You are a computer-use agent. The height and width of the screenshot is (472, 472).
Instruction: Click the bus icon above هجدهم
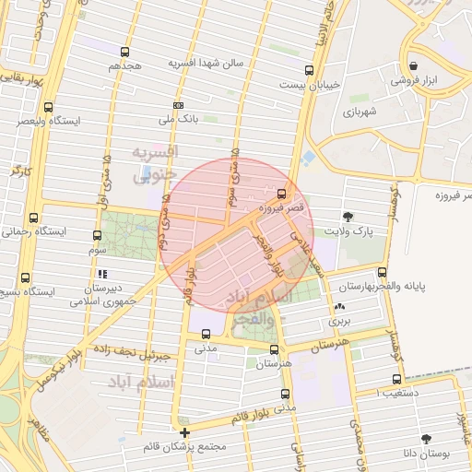[124, 52]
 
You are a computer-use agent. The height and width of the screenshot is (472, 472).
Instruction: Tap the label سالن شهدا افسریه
[205, 63]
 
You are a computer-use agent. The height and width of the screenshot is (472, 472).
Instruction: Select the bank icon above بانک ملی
[178, 105]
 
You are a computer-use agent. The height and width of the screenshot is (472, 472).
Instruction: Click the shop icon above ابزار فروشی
[413, 66]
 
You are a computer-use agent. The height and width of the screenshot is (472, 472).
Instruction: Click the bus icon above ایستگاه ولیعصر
[48, 106]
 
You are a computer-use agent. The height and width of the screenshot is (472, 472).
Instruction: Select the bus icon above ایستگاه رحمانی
[34, 218]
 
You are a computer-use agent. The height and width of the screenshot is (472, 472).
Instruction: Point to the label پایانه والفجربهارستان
[407, 287]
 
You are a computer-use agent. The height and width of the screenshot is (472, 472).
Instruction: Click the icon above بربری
[342, 307]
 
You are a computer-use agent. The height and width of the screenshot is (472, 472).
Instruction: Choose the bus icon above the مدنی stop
[206, 335]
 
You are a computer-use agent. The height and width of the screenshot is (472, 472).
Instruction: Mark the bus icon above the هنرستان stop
[274, 349]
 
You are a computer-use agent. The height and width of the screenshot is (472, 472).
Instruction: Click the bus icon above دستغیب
[396, 379]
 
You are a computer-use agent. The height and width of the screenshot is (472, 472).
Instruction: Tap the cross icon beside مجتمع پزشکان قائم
[185, 431]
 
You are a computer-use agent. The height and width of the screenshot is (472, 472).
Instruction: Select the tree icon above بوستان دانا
[425, 439]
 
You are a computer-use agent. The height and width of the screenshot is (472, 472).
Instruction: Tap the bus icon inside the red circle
[281, 193]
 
